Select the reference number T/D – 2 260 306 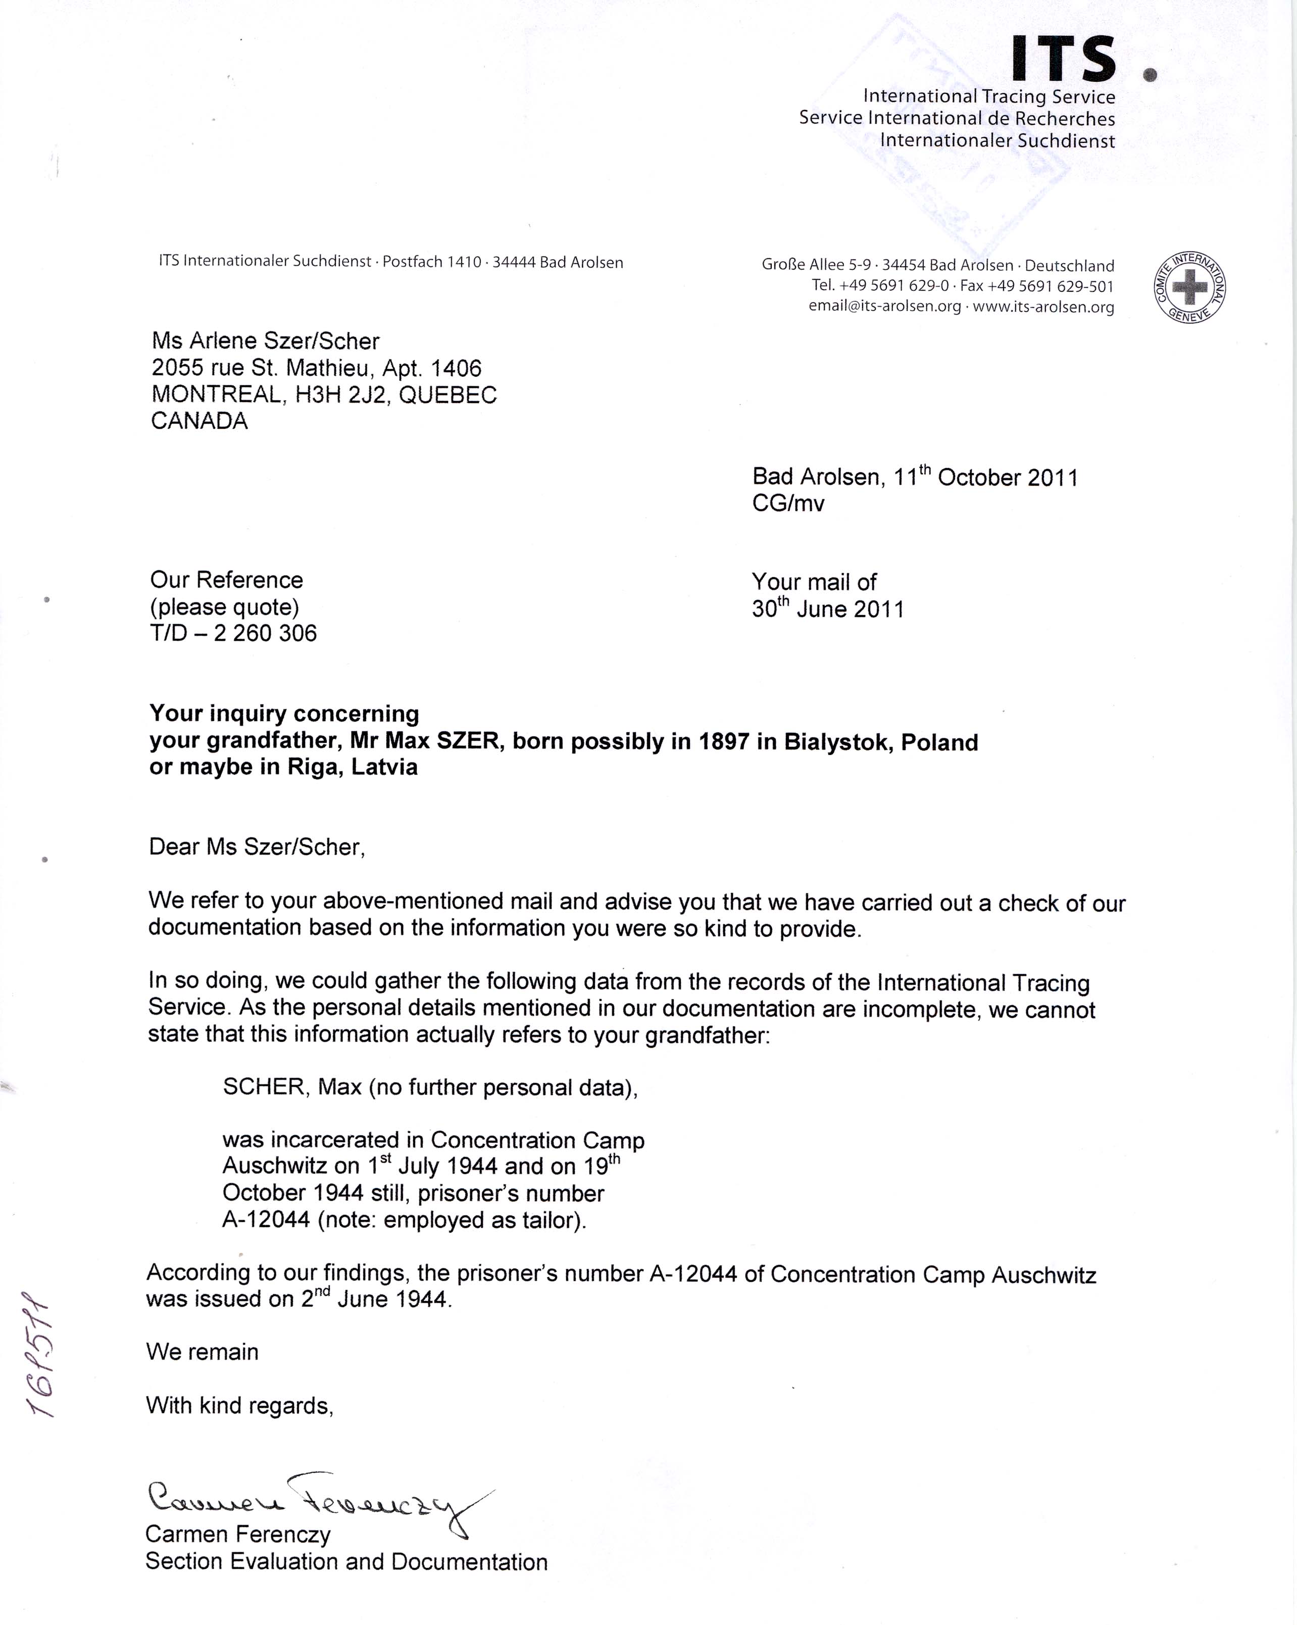pos(234,633)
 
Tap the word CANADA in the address pos(199,421)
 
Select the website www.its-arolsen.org pos(1043,307)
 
